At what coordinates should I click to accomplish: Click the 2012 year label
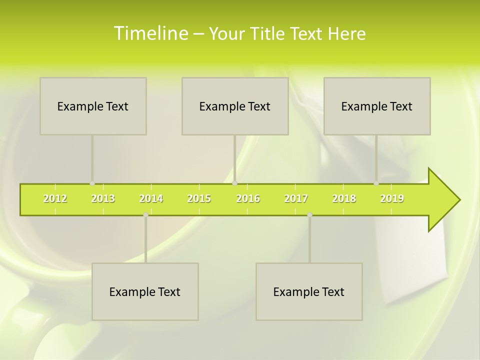click(55, 198)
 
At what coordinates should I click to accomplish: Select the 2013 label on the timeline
click(103, 198)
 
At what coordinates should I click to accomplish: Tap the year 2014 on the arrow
click(151, 198)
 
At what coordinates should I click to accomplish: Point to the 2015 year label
click(199, 198)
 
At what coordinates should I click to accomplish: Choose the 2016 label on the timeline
click(248, 198)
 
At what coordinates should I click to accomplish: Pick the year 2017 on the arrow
click(296, 198)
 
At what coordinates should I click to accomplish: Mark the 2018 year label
click(344, 198)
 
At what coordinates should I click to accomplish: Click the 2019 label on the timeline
click(392, 198)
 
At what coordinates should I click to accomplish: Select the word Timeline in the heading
click(150, 33)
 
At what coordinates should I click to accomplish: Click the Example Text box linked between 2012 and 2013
click(93, 106)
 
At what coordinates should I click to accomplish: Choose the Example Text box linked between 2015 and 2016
click(235, 106)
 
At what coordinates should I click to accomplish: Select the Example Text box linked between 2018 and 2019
click(377, 106)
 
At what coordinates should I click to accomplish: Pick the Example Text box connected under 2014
click(145, 291)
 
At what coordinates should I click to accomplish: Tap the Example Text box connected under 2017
click(309, 291)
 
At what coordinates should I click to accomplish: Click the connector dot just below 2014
click(145, 215)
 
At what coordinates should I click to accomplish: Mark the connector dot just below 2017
click(309, 215)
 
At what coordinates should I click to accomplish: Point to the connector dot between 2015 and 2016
click(235, 183)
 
